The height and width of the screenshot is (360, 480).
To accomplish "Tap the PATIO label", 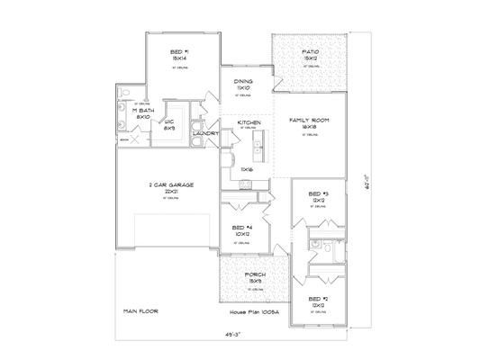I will [x=311, y=53].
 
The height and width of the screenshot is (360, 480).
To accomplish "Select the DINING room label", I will [x=243, y=81].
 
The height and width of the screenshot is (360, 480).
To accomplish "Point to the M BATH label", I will [x=143, y=111].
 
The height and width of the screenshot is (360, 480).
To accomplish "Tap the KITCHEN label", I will [x=249, y=121].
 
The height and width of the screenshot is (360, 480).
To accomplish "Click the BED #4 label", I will [x=241, y=228].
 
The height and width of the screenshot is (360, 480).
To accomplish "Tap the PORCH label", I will [x=255, y=276].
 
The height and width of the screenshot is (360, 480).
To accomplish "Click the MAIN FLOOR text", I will [x=140, y=310].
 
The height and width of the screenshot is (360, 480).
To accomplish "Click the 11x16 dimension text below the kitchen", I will [x=246, y=168].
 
